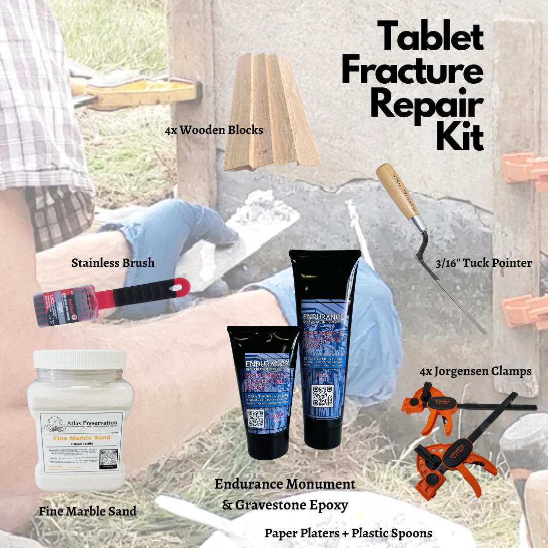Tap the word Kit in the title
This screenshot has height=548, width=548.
460,136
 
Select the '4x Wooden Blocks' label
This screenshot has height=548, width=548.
214,130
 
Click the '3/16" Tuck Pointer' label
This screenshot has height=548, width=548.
484,263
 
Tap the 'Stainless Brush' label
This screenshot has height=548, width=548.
113,263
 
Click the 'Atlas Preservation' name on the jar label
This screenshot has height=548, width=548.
91,423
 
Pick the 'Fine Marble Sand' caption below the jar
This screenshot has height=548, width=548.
88,511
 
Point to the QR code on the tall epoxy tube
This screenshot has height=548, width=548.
323,396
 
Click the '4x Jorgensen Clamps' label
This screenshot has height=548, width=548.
475,371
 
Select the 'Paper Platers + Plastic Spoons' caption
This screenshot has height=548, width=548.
348,533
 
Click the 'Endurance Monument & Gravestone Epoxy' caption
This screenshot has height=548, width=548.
285,494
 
